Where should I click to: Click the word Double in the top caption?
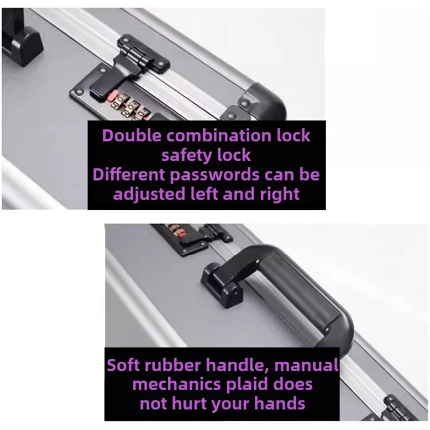tap(132, 135)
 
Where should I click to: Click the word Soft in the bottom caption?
tap(123, 365)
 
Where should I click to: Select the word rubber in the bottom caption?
tap(173, 365)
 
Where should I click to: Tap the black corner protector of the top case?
tap(262, 102)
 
